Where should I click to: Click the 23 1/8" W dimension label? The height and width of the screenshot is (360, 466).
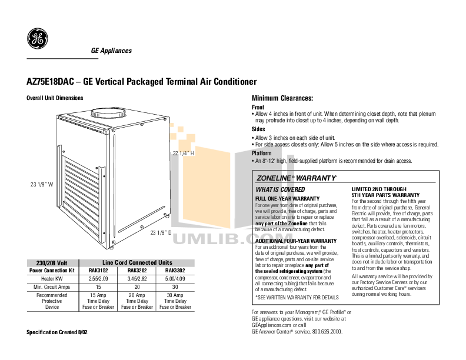coord(42,184)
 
